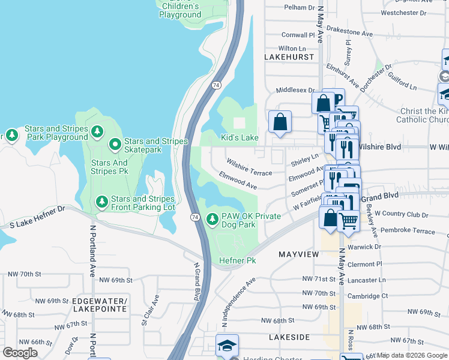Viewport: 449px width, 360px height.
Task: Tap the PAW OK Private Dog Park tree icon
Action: pyautogui.click(x=212, y=220)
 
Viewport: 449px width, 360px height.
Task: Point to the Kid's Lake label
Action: pyautogui.click(x=240, y=138)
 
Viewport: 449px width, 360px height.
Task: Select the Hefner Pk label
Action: pyautogui.click(x=238, y=260)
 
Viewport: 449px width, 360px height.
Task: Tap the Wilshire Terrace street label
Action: pyautogui.click(x=249, y=167)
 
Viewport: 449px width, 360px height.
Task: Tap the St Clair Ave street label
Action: pyautogui.click(x=151, y=310)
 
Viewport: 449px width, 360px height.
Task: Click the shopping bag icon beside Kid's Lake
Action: pyautogui.click(x=280, y=122)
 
